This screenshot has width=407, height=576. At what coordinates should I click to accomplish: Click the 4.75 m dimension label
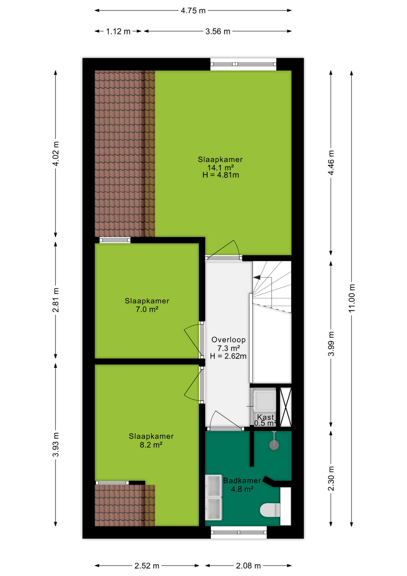(x=193, y=10)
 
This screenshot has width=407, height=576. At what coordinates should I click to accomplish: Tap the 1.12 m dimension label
(x=118, y=31)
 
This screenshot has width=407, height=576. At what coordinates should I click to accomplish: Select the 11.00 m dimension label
(x=352, y=298)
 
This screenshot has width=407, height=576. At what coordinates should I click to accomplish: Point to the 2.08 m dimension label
(x=248, y=565)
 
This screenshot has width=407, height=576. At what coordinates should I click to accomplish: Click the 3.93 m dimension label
(x=56, y=445)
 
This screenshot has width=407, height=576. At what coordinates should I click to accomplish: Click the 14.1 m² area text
(x=221, y=167)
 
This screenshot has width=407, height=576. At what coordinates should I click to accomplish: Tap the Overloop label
(x=228, y=340)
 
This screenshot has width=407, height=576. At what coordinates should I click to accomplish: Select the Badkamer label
(x=242, y=480)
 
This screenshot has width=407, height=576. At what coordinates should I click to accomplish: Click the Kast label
(x=266, y=417)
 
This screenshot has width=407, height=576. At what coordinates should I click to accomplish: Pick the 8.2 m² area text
(x=151, y=445)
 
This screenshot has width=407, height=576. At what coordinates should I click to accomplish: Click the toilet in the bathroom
(x=270, y=510)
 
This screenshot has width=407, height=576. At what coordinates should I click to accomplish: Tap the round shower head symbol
(x=274, y=445)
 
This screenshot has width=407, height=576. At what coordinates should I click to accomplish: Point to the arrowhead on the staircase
(x=257, y=277)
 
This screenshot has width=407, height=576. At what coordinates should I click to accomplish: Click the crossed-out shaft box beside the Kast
(x=285, y=407)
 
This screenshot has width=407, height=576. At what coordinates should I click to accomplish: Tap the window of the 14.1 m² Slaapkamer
(x=243, y=64)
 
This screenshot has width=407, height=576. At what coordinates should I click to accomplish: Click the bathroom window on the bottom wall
(x=239, y=532)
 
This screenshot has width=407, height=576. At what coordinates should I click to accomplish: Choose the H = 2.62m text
(x=228, y=356)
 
